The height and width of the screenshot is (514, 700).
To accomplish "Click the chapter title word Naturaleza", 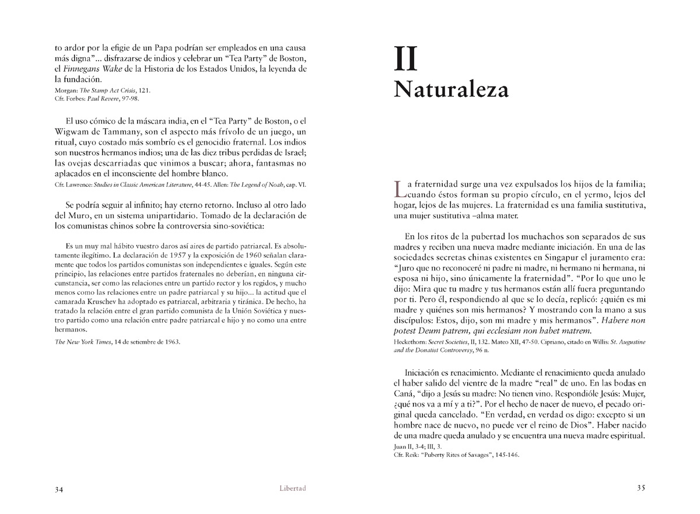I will (x=450, y=89).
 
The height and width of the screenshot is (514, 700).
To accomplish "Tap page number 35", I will (x=640, y=488).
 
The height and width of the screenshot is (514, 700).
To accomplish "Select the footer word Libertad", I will (x=293, y=488).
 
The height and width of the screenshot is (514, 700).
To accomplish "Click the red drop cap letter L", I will (x=399, y=187).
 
